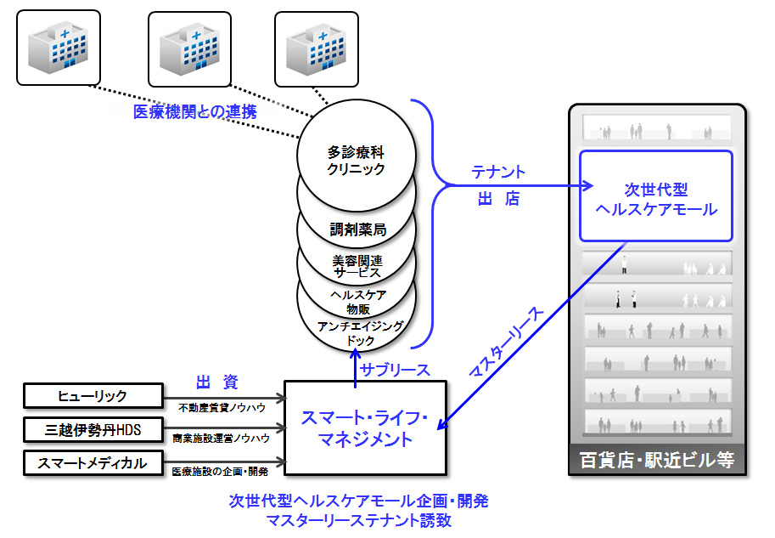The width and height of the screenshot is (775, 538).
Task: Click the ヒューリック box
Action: [93, 396]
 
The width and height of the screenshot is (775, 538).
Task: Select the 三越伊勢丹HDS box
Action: [93, 429]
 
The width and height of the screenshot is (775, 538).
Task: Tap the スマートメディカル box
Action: [93, 463]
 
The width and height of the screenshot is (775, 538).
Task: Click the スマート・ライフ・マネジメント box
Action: [365, 428]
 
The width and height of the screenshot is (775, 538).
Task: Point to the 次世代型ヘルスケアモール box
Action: [656, 196]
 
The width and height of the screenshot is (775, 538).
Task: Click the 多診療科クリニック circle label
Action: [356, 160]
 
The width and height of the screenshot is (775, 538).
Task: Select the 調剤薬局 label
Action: [358, 229]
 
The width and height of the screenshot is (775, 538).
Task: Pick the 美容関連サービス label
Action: [357, 267]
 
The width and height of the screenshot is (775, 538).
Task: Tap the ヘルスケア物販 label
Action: [358, 302]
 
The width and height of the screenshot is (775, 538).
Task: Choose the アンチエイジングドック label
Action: [360, 333]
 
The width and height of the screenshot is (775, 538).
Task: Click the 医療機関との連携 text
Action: [194, 112]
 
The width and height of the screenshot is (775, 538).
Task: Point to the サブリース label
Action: [395, 370]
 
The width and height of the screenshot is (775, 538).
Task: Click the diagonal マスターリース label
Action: [505, 342]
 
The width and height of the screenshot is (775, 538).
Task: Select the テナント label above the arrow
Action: [498, 172]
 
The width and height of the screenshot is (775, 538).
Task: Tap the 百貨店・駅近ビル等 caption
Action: [657, 461]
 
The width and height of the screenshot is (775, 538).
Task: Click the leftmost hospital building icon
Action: [59, 48]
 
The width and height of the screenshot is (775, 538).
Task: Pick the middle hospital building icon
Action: [190, 49]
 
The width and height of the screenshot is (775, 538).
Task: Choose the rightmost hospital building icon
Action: [317, 49]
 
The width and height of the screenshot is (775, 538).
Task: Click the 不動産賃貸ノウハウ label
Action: [222, 408]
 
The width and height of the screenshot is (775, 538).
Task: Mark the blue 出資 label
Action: [217, 382]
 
